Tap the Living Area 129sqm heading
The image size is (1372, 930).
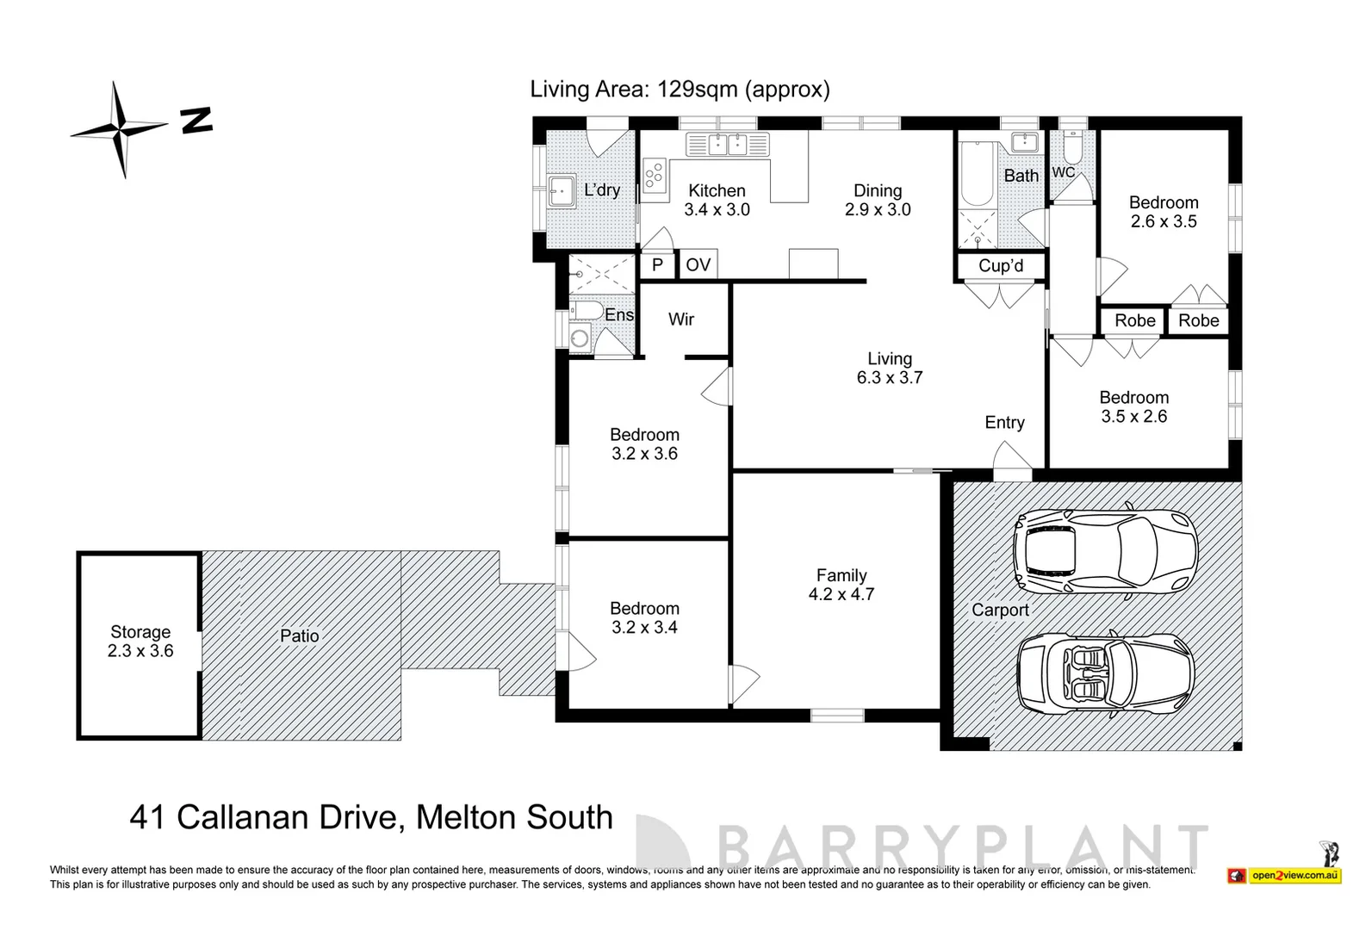[680, 89]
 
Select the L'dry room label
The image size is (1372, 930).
[601, 190]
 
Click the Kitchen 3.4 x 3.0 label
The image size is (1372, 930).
[717, 200]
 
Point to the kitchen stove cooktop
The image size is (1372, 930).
[655, 176]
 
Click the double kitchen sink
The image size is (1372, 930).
[728, 144]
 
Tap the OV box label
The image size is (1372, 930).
[698, 264]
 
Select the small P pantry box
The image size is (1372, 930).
[657, 264]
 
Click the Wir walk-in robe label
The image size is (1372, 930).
[680, 319]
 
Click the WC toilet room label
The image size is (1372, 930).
[1063, 172]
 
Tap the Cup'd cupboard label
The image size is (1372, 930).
[1001, 266]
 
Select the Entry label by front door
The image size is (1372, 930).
[1004, 422]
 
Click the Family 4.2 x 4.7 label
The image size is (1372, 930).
[841, 585]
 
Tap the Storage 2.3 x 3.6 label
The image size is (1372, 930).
[140, 642]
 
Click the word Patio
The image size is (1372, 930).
[299, 636]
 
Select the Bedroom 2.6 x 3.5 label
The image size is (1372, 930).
[1164, 212]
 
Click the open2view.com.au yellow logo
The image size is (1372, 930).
[1294, 875]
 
